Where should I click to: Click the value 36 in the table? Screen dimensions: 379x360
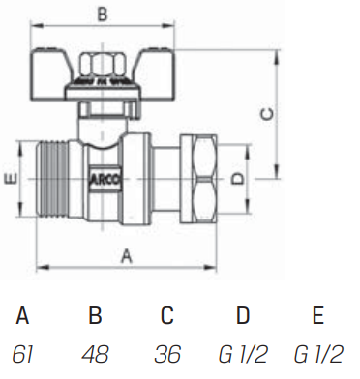pos(168,353)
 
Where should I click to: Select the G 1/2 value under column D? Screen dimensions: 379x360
pos(243,353)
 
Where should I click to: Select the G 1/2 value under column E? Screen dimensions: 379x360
pos(317,353)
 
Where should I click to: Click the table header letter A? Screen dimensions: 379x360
pos(24,316)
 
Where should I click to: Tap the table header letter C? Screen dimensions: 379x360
pos(167,316)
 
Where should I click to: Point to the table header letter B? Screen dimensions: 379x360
pos(96,316)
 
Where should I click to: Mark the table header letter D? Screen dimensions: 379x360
pos(243,316)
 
